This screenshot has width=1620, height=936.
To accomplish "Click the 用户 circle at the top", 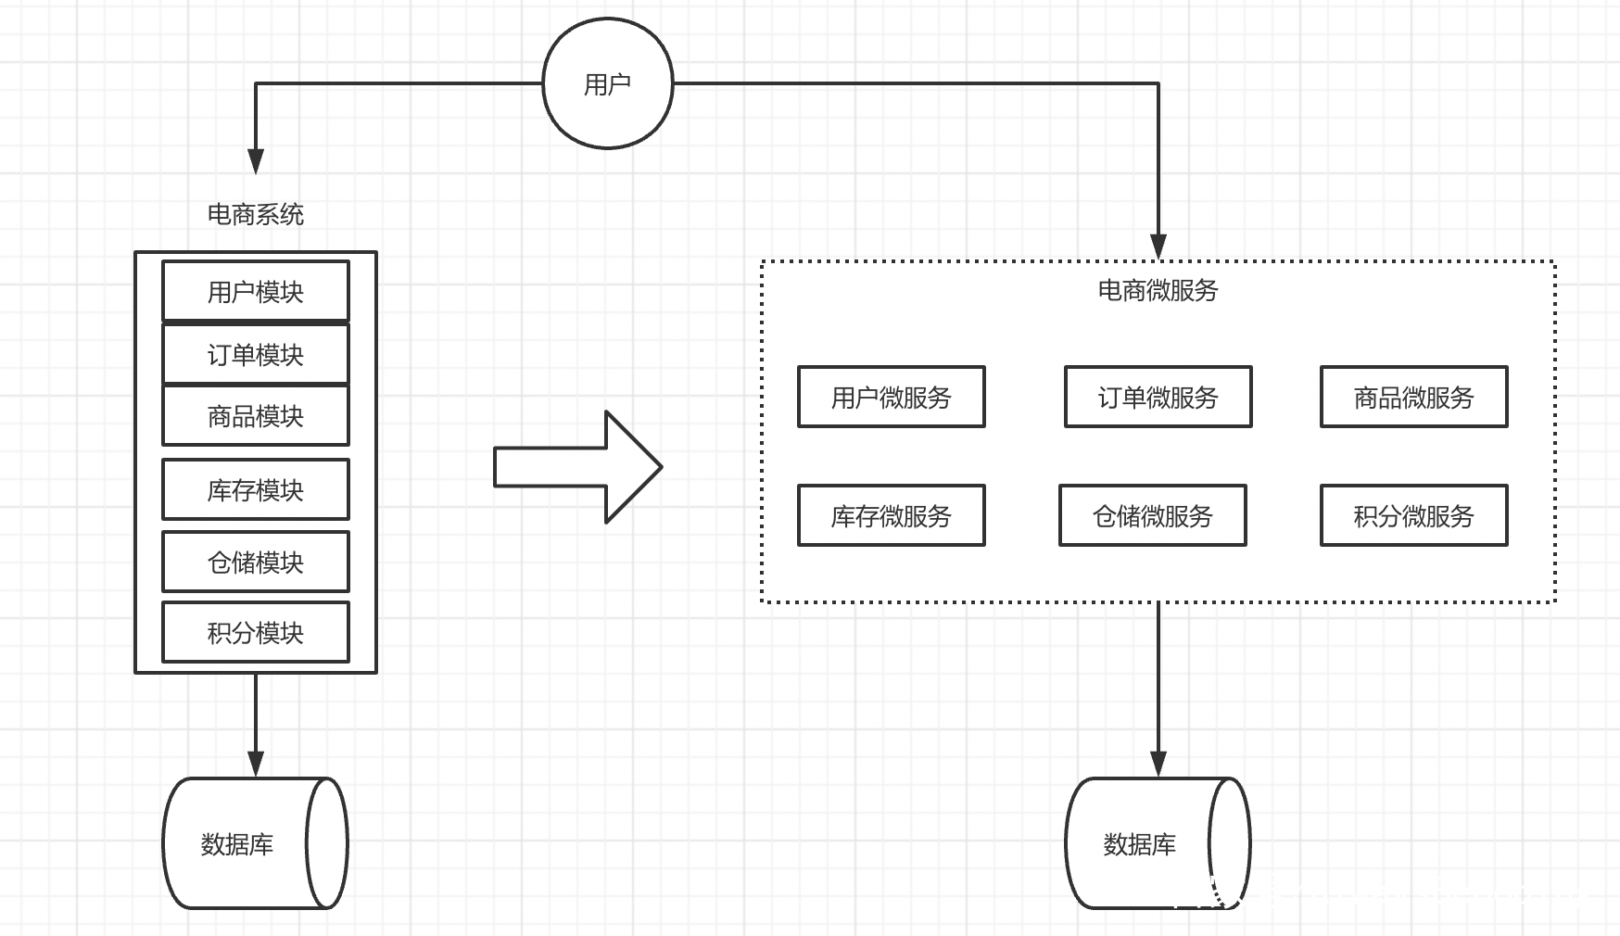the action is tap(607, 83).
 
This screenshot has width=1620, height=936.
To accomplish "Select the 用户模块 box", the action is tap(256, 291).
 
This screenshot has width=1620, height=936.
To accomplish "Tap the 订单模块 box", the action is tap(256, 354).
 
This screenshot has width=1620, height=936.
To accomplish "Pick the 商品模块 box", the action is tap(256, 416).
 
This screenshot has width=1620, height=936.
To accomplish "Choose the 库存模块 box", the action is tap(256, 489).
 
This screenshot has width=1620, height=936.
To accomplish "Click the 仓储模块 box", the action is tap(256, 562).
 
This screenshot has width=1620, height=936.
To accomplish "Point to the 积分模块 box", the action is tap(256, 632).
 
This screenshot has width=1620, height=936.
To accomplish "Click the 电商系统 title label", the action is tap(256, 214).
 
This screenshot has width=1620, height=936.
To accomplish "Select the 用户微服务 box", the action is tap(892, 397).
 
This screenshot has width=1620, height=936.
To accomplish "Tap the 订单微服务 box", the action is tap(1158, 397).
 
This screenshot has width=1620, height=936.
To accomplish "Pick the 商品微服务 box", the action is tap(1414, 397).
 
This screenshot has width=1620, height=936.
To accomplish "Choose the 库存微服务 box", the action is tap(892, 515).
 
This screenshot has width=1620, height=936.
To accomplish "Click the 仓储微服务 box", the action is tap(1153, 515).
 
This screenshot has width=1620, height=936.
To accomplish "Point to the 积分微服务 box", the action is tap(1414, 515).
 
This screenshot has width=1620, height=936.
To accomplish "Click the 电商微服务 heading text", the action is tap(1158, 290).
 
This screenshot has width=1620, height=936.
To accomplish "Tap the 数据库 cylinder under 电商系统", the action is tap(256, 843).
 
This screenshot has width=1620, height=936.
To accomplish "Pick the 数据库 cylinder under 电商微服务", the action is tap(1158, 843).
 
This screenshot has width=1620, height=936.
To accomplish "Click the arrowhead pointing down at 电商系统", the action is tap(256, 161).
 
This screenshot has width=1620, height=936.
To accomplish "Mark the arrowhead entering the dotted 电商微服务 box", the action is tap(1158, 247).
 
